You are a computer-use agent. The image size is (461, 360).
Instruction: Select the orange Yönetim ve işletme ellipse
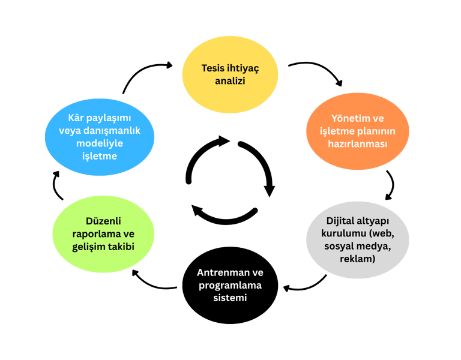click(357, 131)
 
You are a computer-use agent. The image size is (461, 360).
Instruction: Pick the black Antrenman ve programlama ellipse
click(230, 285)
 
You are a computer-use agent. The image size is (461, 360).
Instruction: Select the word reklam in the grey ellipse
click(357, 259)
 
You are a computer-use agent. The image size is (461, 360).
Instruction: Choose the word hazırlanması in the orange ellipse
click(357, 144)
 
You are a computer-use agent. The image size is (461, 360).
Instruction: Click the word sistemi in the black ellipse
click(230, 298)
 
